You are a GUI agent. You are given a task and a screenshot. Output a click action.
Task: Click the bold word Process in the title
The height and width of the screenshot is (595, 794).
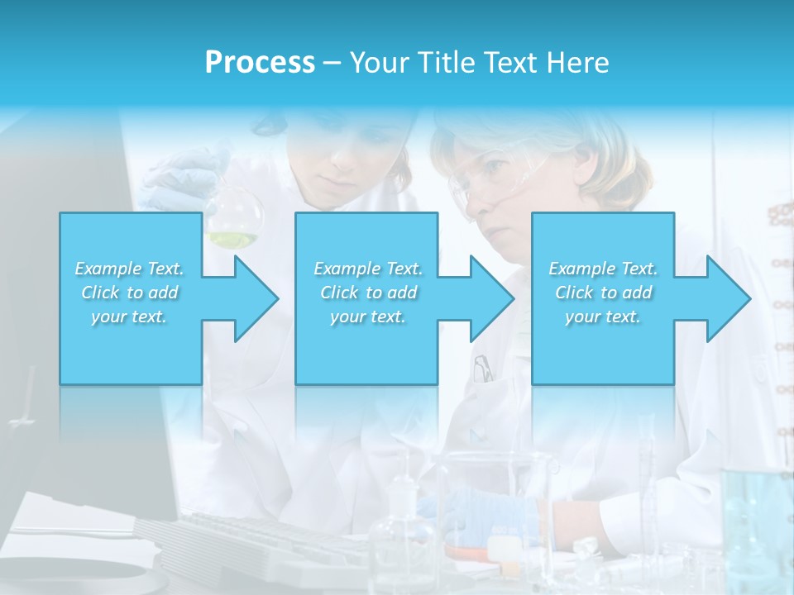[260, 63]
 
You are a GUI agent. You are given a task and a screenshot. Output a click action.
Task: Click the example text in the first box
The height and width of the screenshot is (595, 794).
[130, 293]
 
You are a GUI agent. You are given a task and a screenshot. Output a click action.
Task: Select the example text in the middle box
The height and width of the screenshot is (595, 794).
[368, 293]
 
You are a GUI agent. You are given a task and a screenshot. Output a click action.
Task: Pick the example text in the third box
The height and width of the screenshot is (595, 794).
[603, 293]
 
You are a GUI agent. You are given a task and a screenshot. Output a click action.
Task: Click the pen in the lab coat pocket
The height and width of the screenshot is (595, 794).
[482, 368]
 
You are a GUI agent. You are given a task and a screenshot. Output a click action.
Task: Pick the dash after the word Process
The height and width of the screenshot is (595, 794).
[332, 63]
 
